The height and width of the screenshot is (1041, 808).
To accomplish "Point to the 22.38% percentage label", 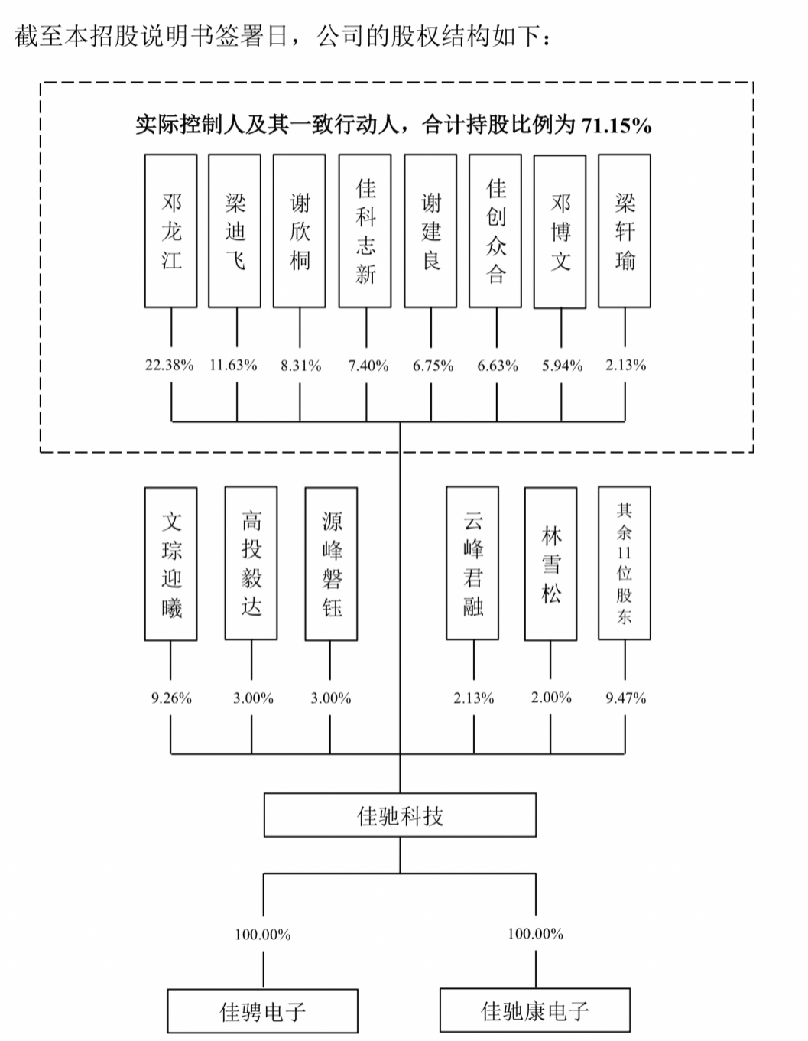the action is pyautogui.click(x=170, y=366).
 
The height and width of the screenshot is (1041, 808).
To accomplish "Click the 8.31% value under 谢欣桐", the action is pyautogui.click(x=300, y=366).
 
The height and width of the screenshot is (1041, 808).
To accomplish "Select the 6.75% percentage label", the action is pyautogui.click(x=433, y=366).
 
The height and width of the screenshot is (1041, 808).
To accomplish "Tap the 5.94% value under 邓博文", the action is pyautogui.click(x=562, y=366).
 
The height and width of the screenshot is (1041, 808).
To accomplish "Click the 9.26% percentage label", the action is pyautogui.click(x=171, y=698).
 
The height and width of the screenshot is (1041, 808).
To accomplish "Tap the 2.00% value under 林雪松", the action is pyautogui.click(x=551, y=698).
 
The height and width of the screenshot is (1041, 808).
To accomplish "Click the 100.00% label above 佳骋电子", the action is pyautogui.click(x=263, y=934).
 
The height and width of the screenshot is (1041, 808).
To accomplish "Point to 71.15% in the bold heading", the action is pyautogui.click(x=617, y=125).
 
